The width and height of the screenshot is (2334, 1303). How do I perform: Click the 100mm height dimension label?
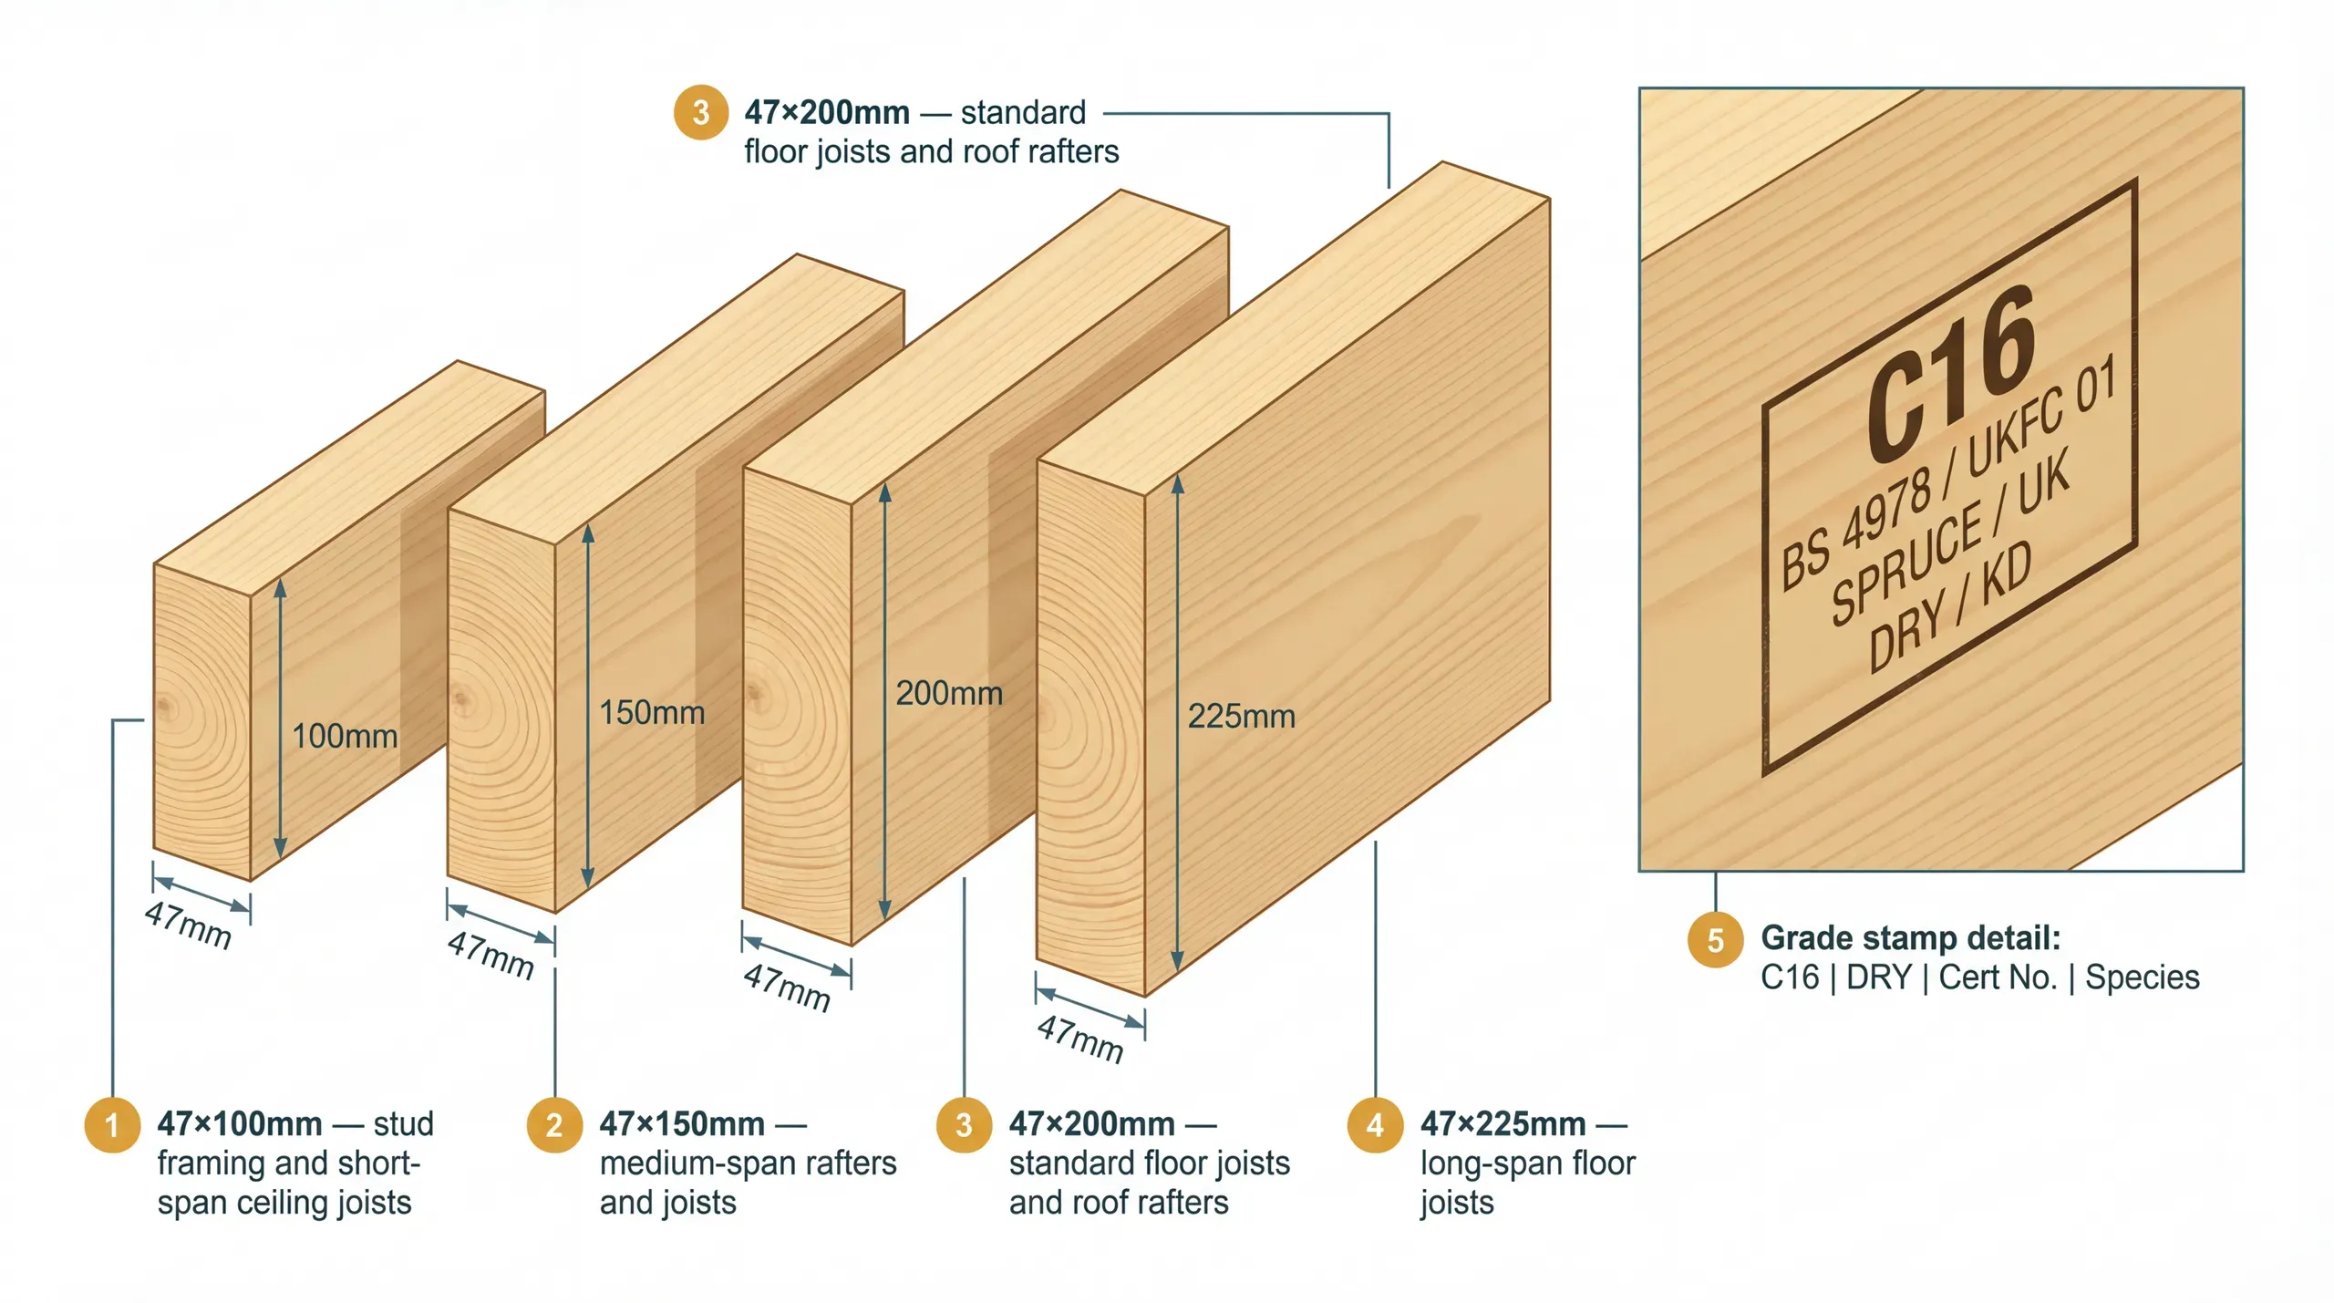[344, 736]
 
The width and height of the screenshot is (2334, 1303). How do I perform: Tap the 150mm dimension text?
[651, 712]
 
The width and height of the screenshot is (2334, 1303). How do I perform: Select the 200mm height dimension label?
[948, 693]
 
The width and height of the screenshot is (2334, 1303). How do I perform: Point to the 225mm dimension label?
[1241, 716]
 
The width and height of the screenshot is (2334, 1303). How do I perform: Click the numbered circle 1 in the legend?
[112, 1124]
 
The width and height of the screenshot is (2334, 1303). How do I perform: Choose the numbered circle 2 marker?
[554, 1124]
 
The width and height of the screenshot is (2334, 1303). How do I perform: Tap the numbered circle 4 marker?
[1375, 1124]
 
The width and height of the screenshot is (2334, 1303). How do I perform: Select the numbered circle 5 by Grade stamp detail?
[1715, 939]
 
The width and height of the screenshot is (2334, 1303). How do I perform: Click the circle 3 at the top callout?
[700, 112]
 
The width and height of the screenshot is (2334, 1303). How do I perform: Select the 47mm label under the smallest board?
[188, 926]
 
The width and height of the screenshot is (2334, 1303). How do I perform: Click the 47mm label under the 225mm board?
[1079, 1039]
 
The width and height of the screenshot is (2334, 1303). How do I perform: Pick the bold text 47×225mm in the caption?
[1503, 1123]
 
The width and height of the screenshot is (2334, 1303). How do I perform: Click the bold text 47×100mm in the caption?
[239, 1123]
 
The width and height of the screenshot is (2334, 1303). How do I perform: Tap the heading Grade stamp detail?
[1910, 937]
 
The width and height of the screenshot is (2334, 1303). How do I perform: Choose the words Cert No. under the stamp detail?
[1998, 977]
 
